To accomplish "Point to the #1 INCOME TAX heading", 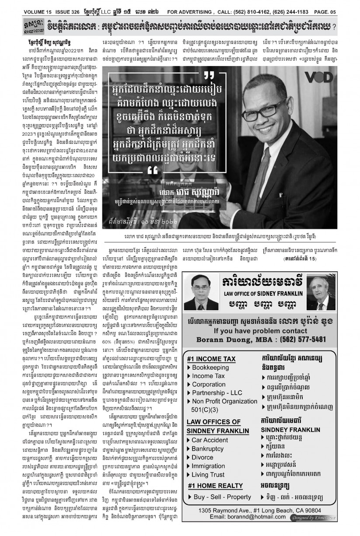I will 211,359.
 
